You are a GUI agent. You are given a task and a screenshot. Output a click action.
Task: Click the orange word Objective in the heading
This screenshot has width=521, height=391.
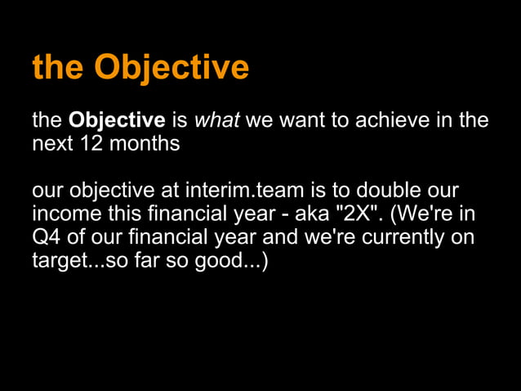tap(171, 68)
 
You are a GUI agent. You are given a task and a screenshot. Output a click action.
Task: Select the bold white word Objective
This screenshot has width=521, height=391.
tap(117, 121)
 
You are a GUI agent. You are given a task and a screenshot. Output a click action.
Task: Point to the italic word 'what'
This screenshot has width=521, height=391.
tap(217, 121)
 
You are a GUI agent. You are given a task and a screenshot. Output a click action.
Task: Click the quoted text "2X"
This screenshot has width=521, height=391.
tap(363, 215)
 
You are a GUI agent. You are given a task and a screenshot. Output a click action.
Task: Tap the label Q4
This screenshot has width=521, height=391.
tap(46, 239)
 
